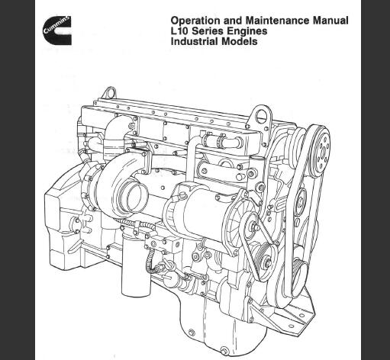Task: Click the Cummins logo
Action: click(x=57, y=31)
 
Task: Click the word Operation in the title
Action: click(x=194, y=21)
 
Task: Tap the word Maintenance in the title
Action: click(x=278, y=21)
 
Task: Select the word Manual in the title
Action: click(x=330, y=21)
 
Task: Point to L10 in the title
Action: click(x=179, y=31)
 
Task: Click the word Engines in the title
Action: click(x=247, y=31)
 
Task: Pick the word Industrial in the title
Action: click(x=195, y=41)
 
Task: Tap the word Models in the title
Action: click(x=239, y=41)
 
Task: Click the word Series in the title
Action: click(x=208, y=31)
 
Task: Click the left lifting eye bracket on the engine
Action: click(x=109, y=93)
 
